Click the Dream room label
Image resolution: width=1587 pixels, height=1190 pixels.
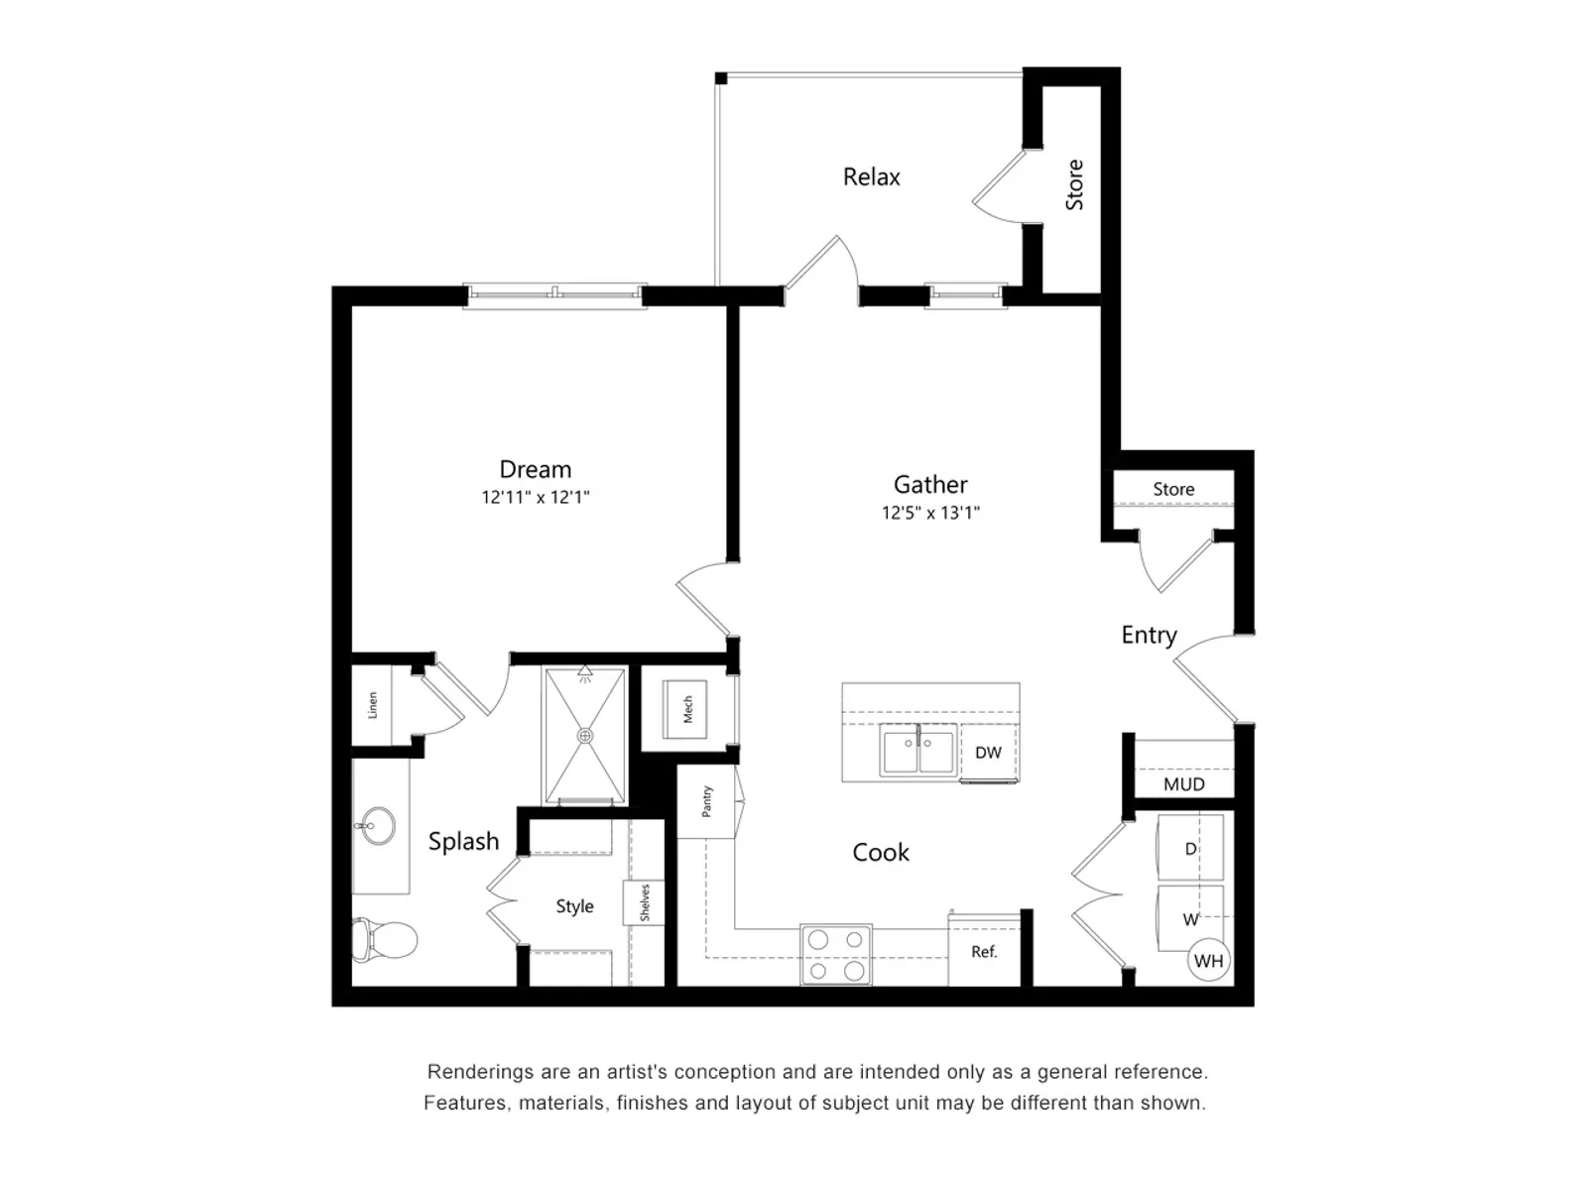535,469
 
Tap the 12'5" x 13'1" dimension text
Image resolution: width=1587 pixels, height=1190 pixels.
930,513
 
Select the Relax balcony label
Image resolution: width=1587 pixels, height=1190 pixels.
871,177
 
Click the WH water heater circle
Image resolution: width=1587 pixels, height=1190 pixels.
1208,960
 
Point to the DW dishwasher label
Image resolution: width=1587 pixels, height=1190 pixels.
988,753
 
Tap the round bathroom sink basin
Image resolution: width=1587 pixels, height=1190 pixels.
377,825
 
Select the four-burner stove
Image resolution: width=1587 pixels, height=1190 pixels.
835,955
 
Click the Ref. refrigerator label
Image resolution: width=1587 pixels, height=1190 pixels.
984,952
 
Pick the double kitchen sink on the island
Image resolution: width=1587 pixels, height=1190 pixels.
917,750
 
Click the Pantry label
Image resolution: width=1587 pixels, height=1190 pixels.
707,801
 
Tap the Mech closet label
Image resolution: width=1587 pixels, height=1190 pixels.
687,709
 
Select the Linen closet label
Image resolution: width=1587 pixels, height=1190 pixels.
373,705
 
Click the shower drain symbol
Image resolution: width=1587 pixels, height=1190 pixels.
585,736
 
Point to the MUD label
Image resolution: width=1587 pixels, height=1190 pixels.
1183,784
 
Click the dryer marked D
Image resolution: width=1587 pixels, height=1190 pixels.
1190,849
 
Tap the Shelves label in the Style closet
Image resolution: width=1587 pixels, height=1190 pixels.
645,903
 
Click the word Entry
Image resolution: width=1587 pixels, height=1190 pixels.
1149,635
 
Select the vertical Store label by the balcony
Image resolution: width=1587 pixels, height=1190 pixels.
1074,185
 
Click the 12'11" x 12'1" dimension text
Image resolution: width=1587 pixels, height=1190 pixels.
535,498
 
